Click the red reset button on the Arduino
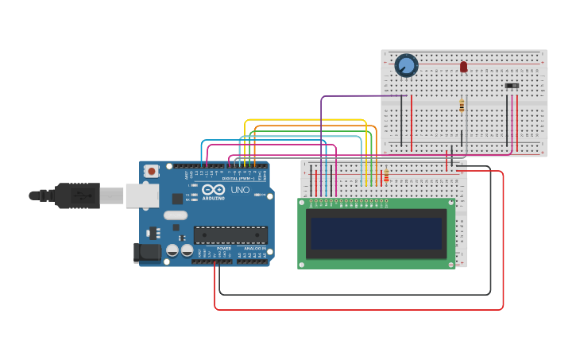[151, 171]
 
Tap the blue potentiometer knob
[406, 65]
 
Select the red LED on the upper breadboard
[463, 67]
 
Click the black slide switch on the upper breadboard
[512, 85]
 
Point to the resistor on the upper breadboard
[462, 106]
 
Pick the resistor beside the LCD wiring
[386, 176]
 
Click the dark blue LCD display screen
[376, 234]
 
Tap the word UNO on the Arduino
[240, 191]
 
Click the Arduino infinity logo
[213, 191]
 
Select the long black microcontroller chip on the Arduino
[230, 235]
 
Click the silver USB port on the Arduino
[141, 195]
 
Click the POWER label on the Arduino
[223, 249]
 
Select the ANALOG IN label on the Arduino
[254, 249]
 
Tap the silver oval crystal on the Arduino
[176, 215]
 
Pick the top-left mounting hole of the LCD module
[303, 203]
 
